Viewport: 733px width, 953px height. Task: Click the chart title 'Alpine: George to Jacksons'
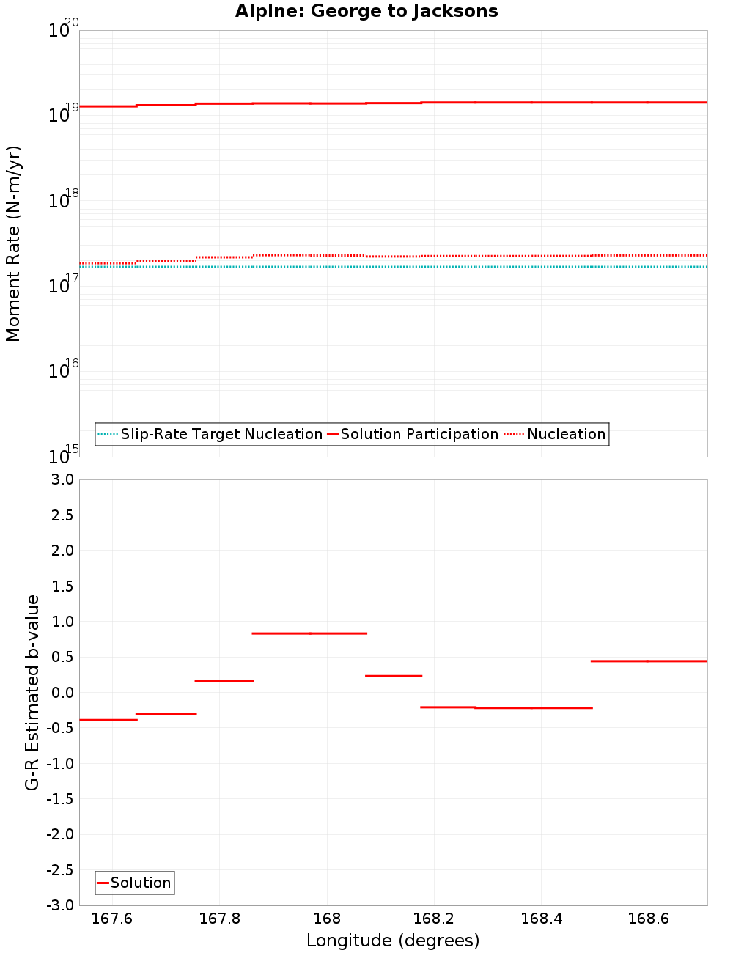tap(366, 12)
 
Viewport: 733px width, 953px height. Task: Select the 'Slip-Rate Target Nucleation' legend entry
tap(221, 435)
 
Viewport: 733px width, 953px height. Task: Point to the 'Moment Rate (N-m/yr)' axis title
tap(13, 243)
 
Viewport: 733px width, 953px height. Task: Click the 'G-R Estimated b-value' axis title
tap(32, 692)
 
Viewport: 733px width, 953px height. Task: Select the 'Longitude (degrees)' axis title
tap(393, 941)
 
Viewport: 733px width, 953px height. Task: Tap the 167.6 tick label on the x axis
tap(112, 919)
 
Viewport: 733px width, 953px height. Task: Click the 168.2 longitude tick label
tap(434, 919)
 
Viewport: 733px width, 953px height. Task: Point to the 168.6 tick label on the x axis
tap(649, 919)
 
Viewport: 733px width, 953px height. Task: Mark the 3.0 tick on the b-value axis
tap(60, 480)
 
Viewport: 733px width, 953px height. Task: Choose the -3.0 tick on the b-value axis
tap(59, 906)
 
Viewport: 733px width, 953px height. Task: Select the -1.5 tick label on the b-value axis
tap(59, 799)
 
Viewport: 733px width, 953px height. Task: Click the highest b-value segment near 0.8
tap(309, 633)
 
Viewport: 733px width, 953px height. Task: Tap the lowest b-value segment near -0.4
tap(108, 721)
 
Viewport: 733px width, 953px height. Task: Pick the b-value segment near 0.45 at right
tap(649, 661)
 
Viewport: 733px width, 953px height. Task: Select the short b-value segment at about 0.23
tap(394, 676)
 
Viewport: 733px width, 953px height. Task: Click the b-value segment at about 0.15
tap(224, 681)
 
